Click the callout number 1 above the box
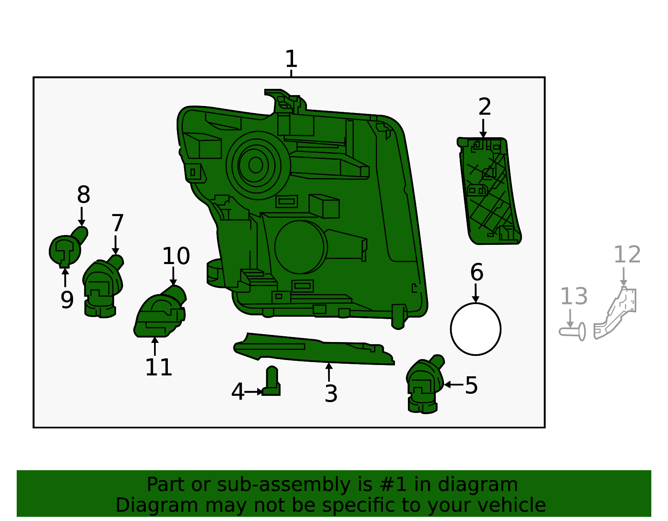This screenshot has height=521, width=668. [291, 59]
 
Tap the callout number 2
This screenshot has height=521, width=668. [484, 107]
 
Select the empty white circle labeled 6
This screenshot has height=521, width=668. [476, 329]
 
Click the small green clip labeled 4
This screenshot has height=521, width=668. [272, 382]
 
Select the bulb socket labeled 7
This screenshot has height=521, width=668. [101, 288]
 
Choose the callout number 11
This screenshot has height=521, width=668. [159, 367]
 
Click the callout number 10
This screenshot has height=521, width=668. [176, 256]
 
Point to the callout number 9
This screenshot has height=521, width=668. [67, 300]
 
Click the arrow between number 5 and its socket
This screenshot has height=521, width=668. [453, 385]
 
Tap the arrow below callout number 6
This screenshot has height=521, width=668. [476, 293]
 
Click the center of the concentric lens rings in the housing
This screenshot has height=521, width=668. [256, 166]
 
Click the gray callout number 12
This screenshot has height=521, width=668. [627, 255]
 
